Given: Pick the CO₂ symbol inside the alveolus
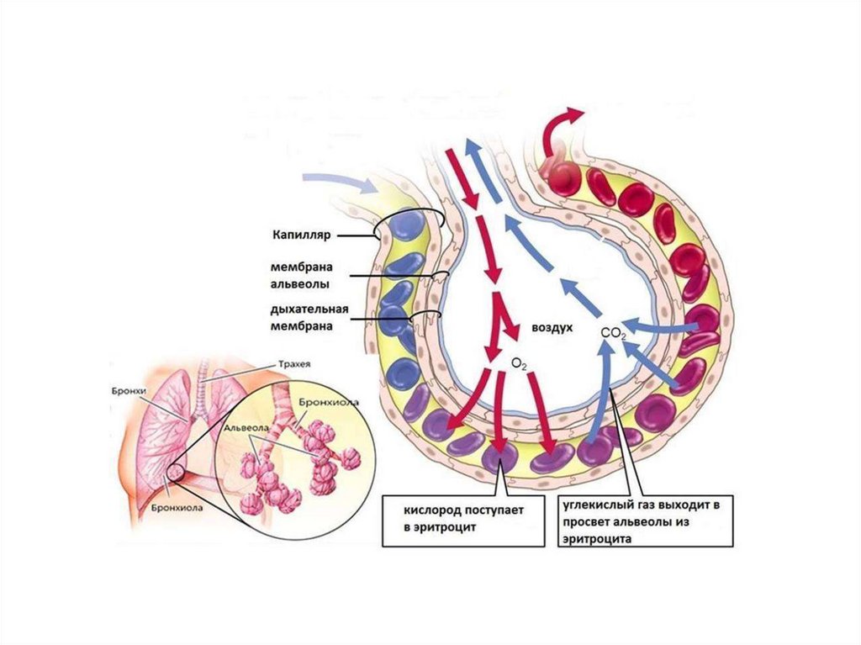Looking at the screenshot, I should pos(614,334).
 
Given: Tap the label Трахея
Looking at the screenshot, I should pos(291,364).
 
